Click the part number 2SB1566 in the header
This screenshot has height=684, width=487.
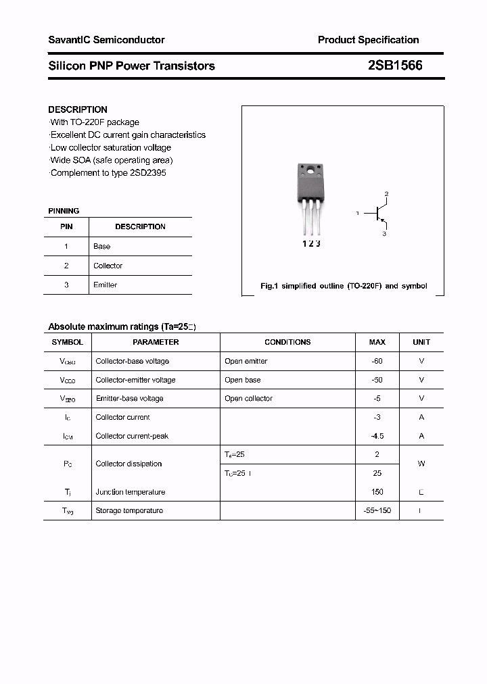tap(395, 66)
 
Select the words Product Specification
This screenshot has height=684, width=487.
tap(368, 40)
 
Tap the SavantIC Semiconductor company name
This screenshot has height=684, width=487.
tap(106, 40)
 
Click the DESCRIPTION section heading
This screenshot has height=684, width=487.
tap(78, 109)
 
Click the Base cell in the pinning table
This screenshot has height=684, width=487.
tap(102, 246)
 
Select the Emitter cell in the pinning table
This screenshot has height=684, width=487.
tap(105, 285)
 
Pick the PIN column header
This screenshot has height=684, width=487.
tap(66, 226)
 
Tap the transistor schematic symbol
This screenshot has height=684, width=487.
tap(377, 214)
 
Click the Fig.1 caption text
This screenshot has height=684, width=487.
tap(344, 286)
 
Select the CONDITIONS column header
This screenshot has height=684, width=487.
tap(287, 342)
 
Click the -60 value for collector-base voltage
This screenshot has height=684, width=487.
tap(377, 361)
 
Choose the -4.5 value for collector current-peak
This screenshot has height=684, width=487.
tap(377, 436)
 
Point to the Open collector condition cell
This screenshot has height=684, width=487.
tap(249, 398)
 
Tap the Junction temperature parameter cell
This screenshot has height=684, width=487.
tap(131, 492)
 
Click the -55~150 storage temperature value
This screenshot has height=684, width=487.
tap(377, 510)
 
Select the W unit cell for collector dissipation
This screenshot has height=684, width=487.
tap(421, 464)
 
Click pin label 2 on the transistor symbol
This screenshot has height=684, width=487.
tap(386, 195)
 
